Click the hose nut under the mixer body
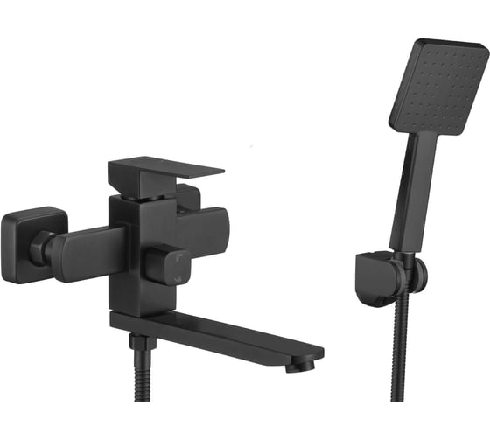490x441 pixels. [x=137, y=341]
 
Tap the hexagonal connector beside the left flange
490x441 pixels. [x=41, y=249]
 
